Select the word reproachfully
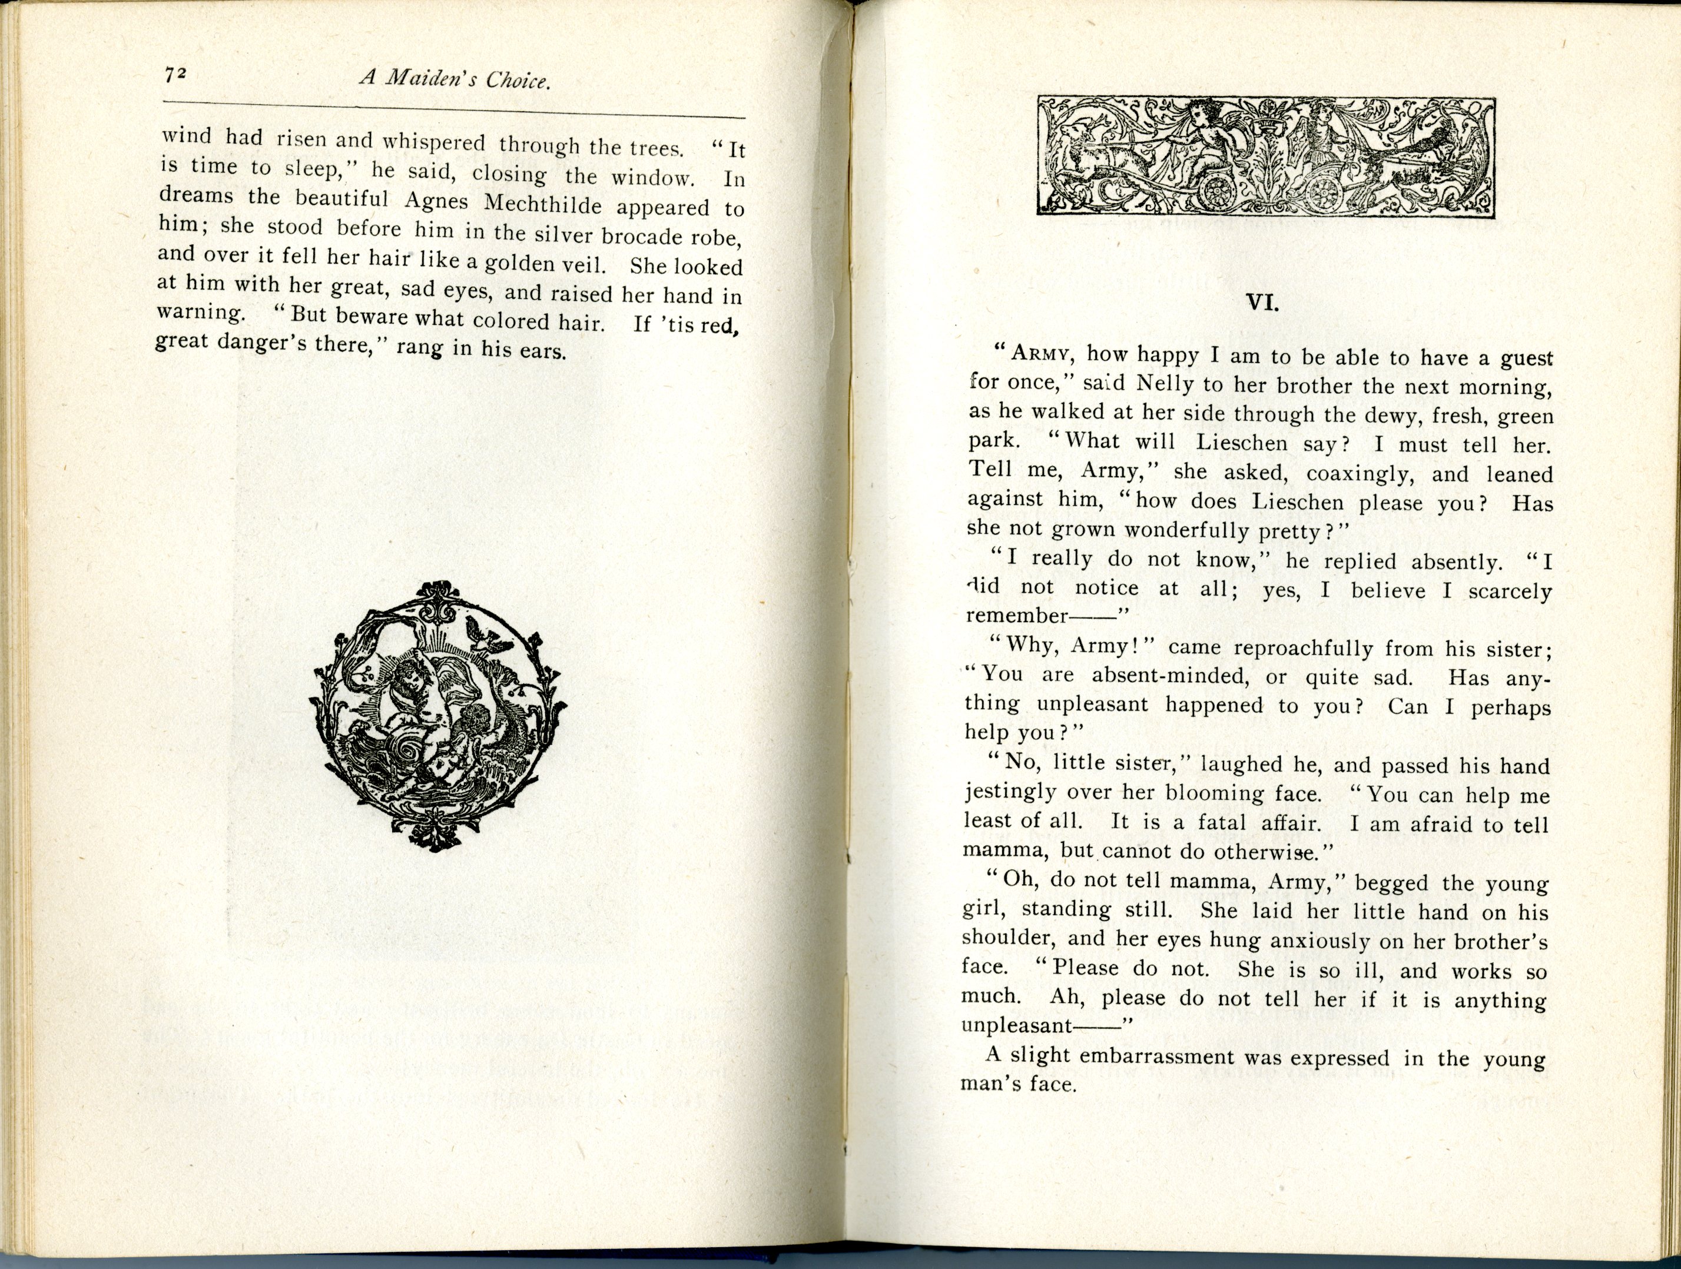(x=1282, y=648)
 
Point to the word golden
(x=523, y=264)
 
